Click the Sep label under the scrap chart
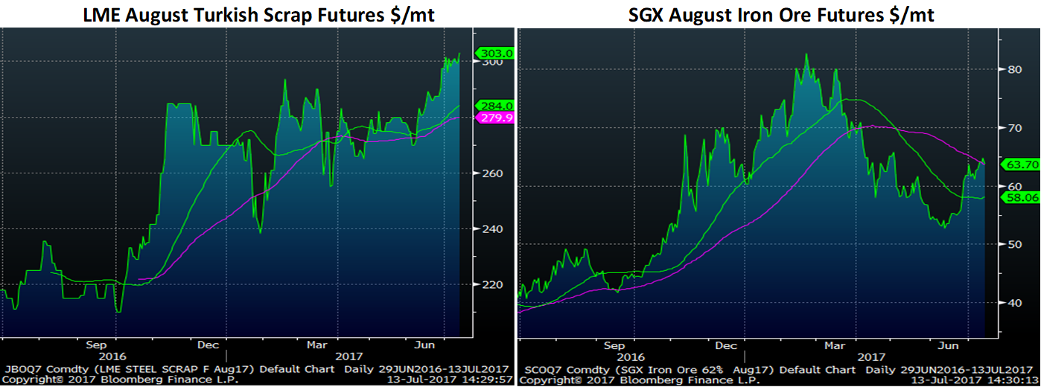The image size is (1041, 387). tap(95, 345)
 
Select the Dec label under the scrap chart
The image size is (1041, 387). tap(207, 345)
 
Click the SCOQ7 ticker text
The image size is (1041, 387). tap(538, 369)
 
